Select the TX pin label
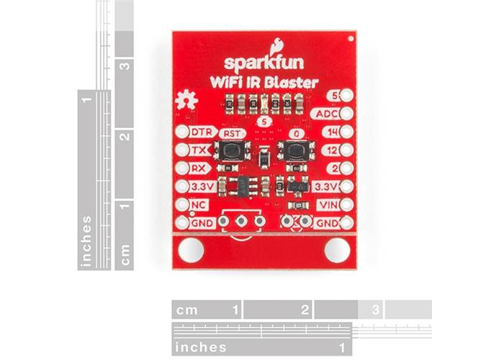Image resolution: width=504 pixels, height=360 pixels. pyautogui.click(x=199, y=150)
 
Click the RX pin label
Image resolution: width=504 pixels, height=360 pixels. pyautogui.click(x=199, y=168)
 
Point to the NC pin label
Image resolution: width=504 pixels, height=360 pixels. pyautogui.click(x=199, y=204)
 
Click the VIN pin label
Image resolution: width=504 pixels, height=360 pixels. pyautogui.click(x=327, y=204)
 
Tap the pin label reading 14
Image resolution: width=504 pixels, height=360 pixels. pyautogui.click(x=331, y=132)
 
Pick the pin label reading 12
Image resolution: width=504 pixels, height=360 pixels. pyautogui.click(x=331, y=150)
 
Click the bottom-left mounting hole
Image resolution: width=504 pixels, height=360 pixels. pyautogui.click(x=191, y=250)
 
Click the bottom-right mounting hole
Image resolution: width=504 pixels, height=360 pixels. pyautogui.click(x=336, y=250)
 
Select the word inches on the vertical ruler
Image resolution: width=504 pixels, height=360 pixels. pyautogui.click(x=87, y=241)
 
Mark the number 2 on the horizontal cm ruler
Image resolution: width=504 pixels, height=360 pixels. pyautogui.click(x=305, y=310)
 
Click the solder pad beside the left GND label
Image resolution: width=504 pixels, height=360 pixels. pyautogui.click(x=180, y=223)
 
